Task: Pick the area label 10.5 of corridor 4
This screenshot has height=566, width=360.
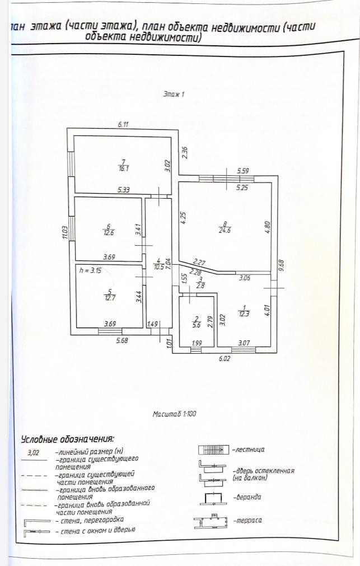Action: pos(158,267)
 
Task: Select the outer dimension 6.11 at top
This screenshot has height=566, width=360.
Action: pos(124,124)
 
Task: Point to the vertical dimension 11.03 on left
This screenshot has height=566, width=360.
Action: pos(66,232)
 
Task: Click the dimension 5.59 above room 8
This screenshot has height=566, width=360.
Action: pos(242,171)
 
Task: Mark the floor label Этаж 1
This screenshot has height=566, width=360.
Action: pos(174,95)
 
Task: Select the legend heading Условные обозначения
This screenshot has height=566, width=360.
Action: pos(67,439)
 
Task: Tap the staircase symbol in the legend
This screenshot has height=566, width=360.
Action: pos(213,450)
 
